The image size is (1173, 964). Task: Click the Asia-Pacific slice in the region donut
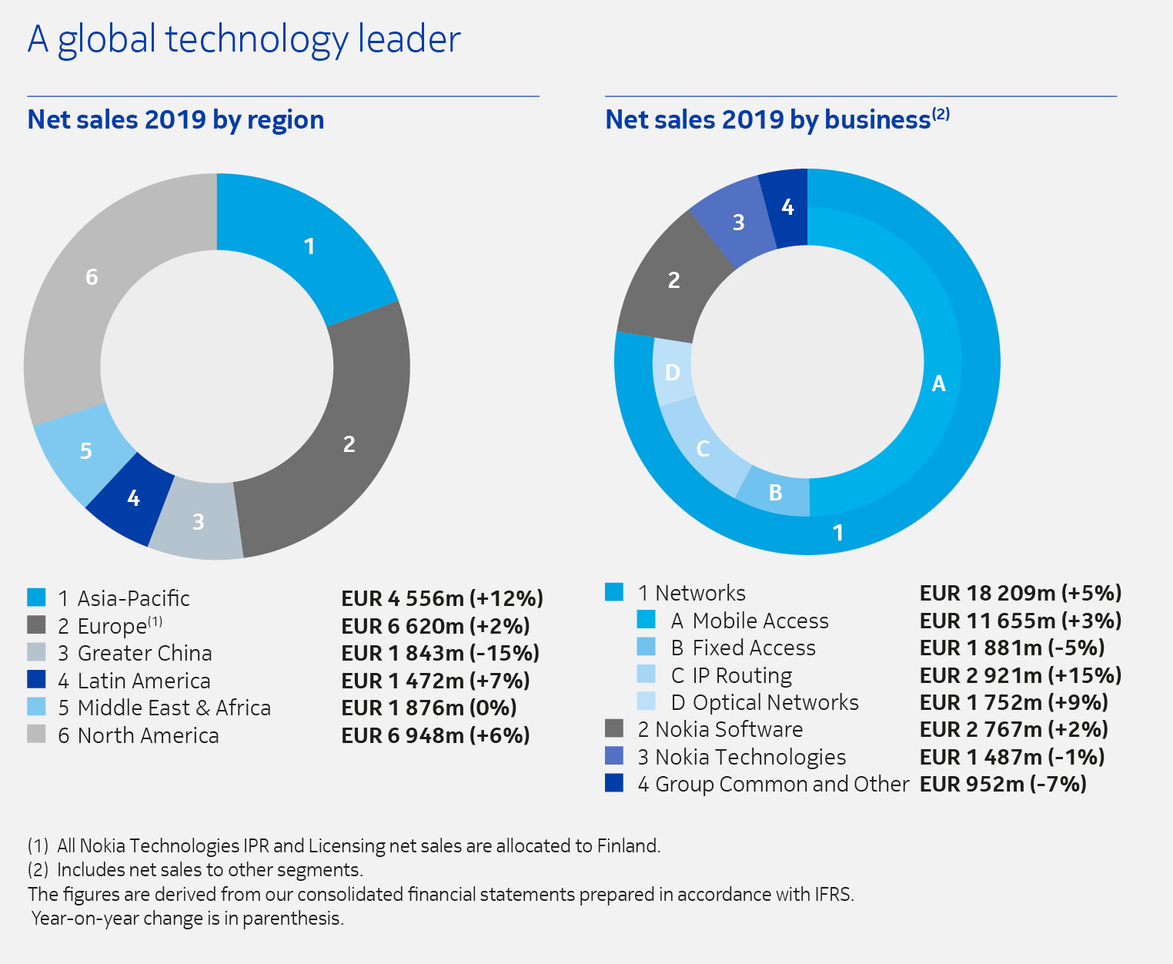pyautogui.click(x=308, y=246)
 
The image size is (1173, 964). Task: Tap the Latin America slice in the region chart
pyautogui.click(x=132, y=498)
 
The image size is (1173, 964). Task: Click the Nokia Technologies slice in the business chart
pyautogui.click(x=737, y=223)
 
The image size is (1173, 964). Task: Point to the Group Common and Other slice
pyautogui.click(x=787, y=206)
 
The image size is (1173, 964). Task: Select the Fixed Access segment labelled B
pyautogui.click(x=775, y=492)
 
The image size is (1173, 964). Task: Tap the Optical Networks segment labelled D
pyautogui.click(x=672, y=373)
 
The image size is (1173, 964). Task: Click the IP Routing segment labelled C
pyautogui.click(x=702, y=449)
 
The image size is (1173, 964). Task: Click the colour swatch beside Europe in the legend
pyautogui.click(x=36, y=624)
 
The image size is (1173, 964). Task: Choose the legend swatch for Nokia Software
pyautogui.click(x=614, y=728)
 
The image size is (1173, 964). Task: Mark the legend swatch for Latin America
pyautogui.click(x=36, y=679)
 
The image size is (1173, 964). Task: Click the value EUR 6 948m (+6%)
pyautogui.click(x=436, y=735)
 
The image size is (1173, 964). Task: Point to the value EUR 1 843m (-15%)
pyautogui.click(x=440, y=653)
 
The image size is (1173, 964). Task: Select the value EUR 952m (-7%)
pyautogui.click(x=1003, y=784)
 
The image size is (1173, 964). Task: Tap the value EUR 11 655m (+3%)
pyautogui.click(x=1021, y=621)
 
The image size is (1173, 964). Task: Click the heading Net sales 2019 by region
pyautogui.click(x=175, y=120)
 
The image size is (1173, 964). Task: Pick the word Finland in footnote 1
pyautogui.click(x=627, y=845)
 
